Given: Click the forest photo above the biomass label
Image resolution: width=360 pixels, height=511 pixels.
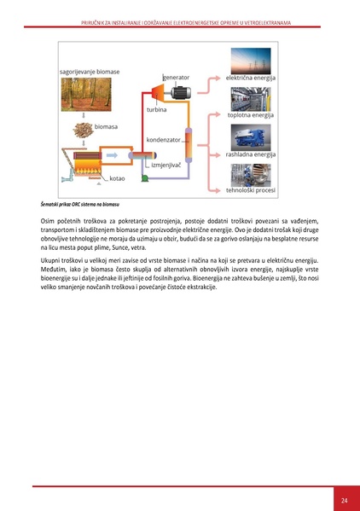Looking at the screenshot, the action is (x=84, y=96).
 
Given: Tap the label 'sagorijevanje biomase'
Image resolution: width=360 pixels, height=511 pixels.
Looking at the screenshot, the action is (x=90, y=72).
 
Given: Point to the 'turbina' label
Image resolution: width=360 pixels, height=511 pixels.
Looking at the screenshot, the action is (x=156, y=110).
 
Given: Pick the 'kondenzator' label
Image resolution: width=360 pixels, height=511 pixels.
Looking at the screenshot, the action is (x=163, y=139).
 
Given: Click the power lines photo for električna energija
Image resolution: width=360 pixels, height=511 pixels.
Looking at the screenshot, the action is (x=251, y=60).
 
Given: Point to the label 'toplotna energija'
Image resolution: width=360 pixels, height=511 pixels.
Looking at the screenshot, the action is (x=251, y=114).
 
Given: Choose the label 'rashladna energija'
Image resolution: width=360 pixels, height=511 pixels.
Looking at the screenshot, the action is (x=251, y=154).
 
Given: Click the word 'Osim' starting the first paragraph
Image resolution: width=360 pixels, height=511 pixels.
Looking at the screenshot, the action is (x=49, y=221).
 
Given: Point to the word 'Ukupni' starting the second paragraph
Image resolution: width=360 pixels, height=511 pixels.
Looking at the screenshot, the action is (x=52, y=259).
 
